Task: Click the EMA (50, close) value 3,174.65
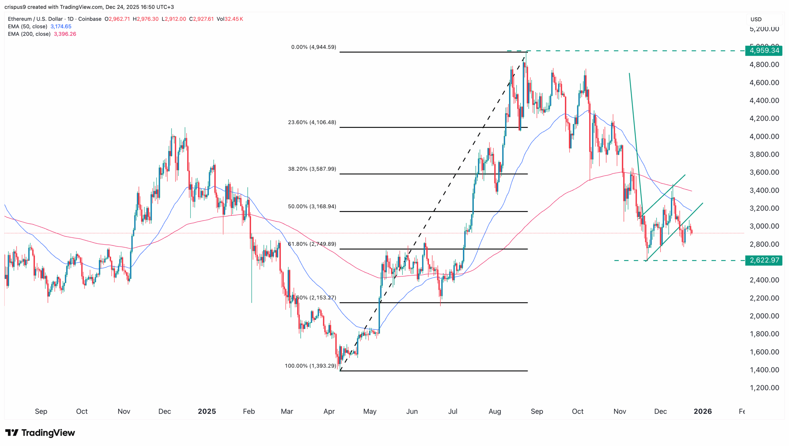[x=61, y=27]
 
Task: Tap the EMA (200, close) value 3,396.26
[x=65, y=34]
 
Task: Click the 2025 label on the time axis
[x=206, y=411]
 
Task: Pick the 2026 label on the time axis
[x=702, y=411]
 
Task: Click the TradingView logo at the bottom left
[x=40, y=433]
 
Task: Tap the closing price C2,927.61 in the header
[x=201, y=19]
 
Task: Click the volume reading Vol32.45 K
[x=230, y=19]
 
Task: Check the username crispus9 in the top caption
[x=15, y=7]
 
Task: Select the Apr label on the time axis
[x=329, y=411]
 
